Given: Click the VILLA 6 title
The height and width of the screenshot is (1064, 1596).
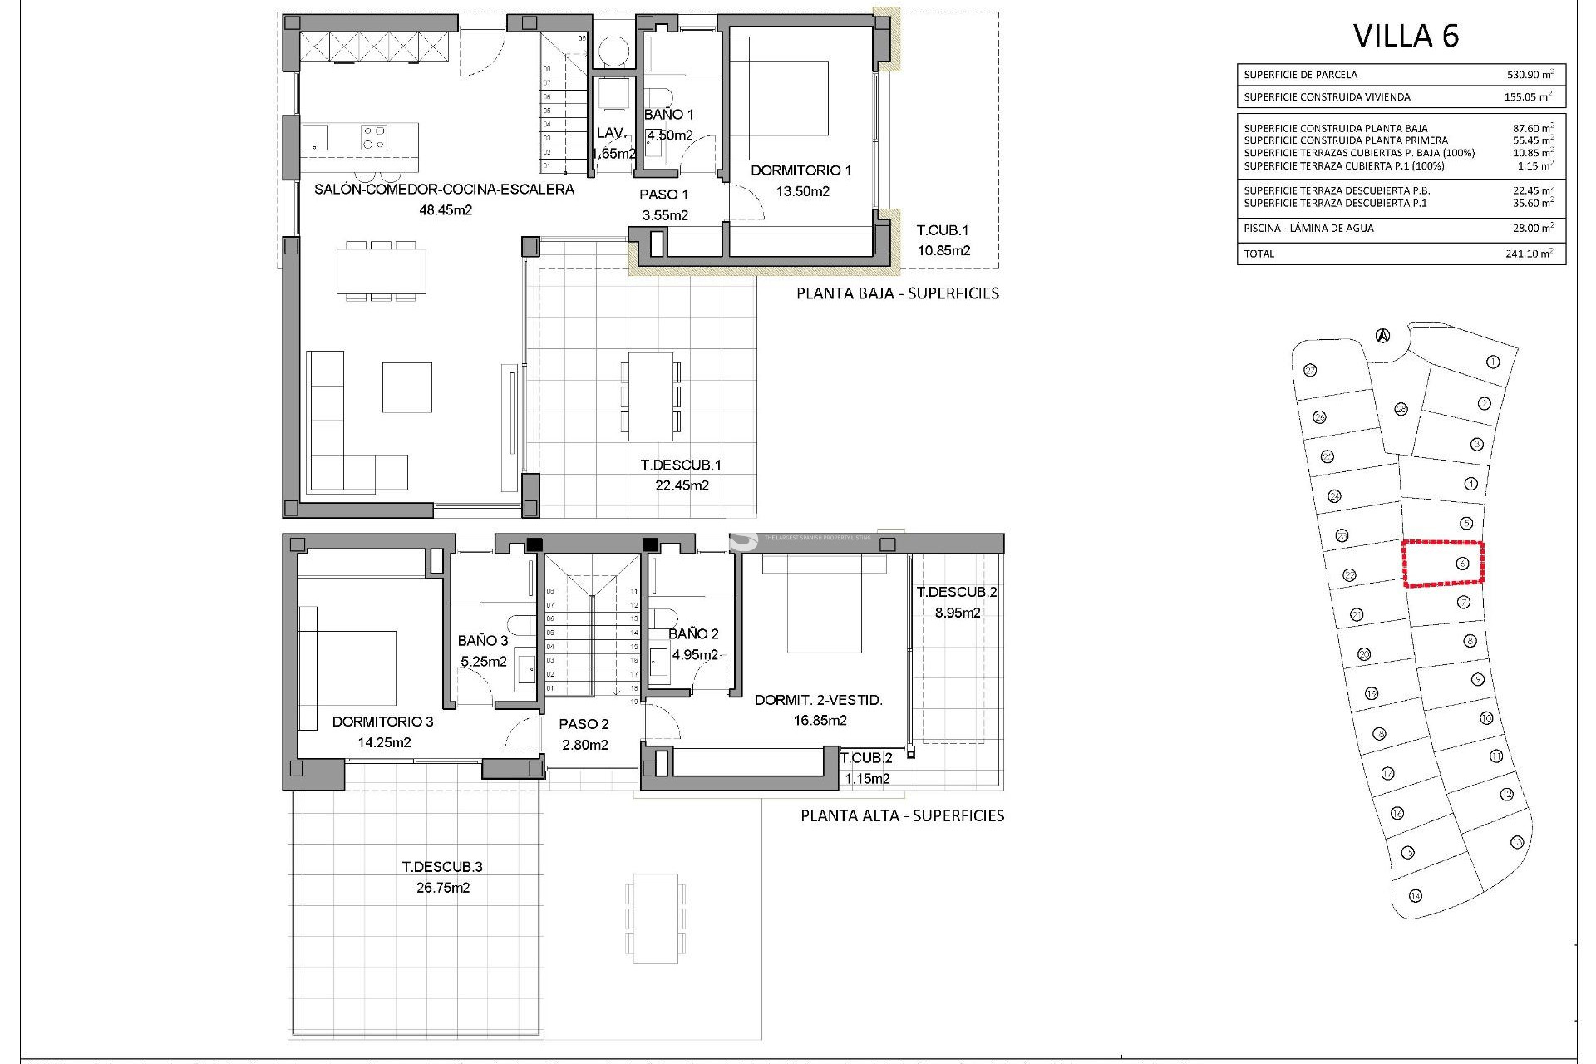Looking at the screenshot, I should [1406, 36].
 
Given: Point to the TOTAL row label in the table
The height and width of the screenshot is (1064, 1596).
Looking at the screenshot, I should [1259, 254].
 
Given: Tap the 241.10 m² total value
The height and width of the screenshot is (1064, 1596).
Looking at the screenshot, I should [1529, 254].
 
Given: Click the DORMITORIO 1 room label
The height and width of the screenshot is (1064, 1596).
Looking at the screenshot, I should [800, 171].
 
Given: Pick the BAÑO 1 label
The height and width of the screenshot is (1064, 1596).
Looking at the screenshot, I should [668, 115].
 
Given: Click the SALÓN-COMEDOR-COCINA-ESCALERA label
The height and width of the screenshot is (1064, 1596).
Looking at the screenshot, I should [444, 190].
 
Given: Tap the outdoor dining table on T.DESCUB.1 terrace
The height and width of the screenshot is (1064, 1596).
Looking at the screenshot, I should [650, 397].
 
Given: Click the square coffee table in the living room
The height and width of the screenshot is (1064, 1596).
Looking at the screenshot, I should [406, 387].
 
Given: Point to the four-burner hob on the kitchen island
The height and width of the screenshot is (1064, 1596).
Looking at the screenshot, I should [373, 136].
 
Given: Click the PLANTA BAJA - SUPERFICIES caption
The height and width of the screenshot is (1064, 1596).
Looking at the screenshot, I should [897, 293].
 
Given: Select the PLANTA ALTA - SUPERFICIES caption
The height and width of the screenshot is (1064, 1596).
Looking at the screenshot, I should [902, 815].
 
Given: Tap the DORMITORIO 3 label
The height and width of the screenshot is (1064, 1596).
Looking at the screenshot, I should [382, 722].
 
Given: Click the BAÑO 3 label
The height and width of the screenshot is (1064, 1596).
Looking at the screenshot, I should [482, 641].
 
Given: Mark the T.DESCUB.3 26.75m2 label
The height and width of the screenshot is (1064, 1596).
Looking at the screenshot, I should [442, 877].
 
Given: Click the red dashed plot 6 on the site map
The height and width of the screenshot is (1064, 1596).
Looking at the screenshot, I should [1443, 564].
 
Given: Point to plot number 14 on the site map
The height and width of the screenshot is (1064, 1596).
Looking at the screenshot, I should [1416, 895].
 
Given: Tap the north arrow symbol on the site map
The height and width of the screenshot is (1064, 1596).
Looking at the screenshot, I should [1382, 337].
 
